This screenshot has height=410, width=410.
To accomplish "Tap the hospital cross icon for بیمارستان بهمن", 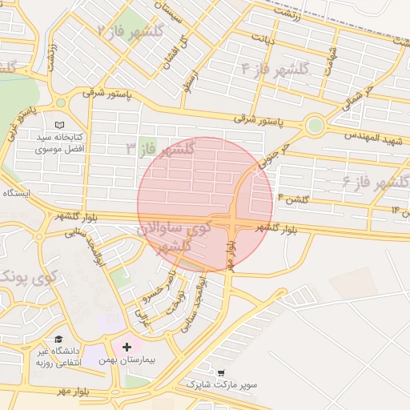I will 127,348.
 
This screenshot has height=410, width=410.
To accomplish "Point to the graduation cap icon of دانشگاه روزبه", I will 58,340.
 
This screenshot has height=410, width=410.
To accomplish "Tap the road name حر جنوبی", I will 272,148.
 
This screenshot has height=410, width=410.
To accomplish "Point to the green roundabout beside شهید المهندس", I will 315,125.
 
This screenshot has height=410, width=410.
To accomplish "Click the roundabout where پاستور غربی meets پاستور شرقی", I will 60,102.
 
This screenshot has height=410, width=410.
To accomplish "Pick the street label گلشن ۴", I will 292,197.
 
